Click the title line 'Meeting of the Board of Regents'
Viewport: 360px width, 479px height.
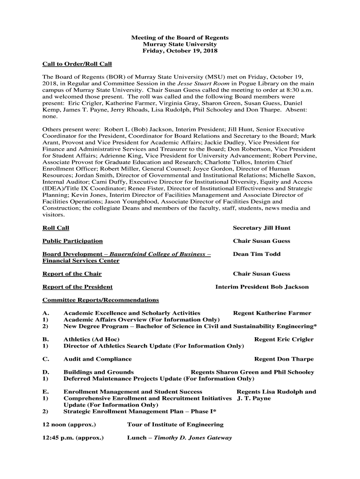(x=180, y=37)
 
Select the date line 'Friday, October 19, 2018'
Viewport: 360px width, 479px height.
(x=180, y=51)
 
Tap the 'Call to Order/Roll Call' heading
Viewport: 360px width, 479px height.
(x=77, y=64)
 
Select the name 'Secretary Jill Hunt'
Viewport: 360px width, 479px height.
(x=261, y=228)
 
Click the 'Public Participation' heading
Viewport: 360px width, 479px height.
(x=72, y=241)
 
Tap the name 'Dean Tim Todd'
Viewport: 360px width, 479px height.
(x=257, y=254)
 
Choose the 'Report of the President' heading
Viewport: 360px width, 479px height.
(x=78, y=287)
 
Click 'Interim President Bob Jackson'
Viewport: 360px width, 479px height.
(x=262, y=287)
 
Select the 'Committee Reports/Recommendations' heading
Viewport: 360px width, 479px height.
(x=101, y=300)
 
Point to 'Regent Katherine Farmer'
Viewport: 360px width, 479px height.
(x=272, y=313)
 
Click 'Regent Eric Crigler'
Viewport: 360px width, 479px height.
(x=284, y=339)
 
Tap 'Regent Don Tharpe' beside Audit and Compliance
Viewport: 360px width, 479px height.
(x=284, y=359)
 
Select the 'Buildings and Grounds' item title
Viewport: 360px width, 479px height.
(x=99, y=372)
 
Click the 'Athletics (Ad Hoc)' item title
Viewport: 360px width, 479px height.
(x=91, y=339)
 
